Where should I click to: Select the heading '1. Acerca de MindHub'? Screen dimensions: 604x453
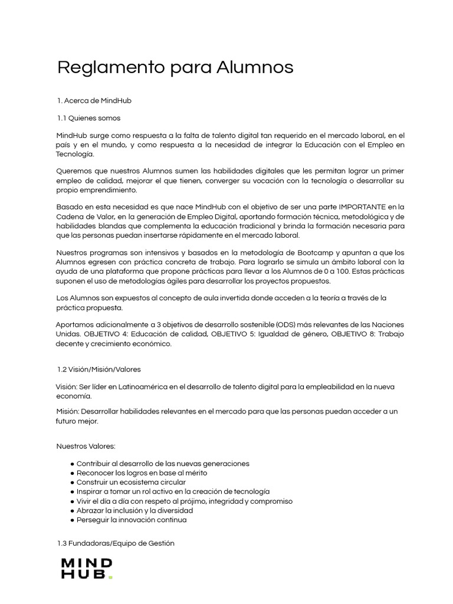coord(94,101)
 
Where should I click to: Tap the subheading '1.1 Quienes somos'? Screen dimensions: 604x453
coord(88,118)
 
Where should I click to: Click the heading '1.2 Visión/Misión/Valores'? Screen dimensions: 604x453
coord(99,369)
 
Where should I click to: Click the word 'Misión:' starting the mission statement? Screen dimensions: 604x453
coord(68,411)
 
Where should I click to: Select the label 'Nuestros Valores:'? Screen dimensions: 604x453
coord(86,446)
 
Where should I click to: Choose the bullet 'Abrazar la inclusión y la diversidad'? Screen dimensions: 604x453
coord(135,510)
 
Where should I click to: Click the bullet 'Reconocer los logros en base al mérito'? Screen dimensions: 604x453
coord(142,472)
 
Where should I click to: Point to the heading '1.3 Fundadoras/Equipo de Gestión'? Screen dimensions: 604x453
coord(116,543)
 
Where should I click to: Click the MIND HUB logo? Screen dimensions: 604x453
coord(86,569)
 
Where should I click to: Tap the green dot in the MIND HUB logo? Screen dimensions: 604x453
coord(110,577)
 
